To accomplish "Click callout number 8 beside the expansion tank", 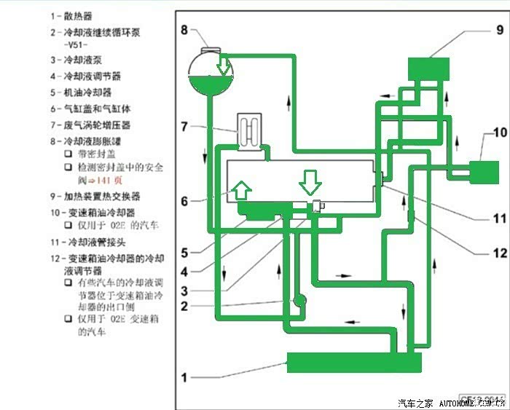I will pos(184,30).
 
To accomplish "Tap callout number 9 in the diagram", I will pos(500,30).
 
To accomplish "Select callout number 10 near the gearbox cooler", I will pos(499,133).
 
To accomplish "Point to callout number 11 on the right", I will pos(499,218).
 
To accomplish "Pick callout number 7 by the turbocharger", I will pos(185,126).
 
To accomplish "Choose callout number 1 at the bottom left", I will pos(185,378).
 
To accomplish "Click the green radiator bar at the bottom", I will pos(354,362).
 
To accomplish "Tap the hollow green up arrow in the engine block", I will pos(242,192).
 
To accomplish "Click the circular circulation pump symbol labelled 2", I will pos(299,300).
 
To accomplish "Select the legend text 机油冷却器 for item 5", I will pos(87,92).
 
